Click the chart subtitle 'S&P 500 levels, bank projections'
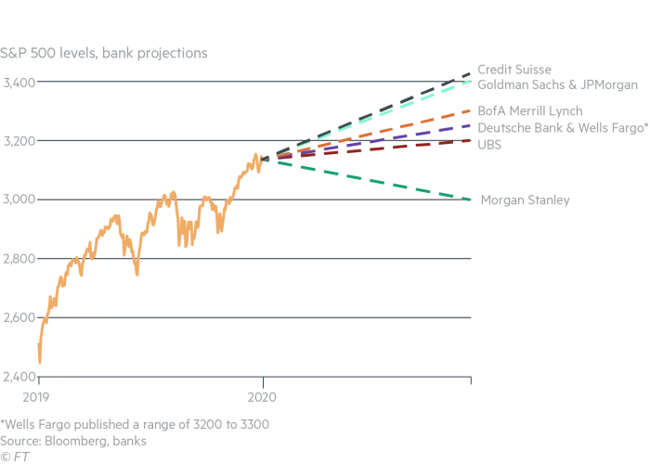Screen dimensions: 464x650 click(103, 53)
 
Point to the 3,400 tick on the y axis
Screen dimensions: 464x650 click(19, 84)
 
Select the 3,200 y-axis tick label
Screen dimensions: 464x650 click(19, 142)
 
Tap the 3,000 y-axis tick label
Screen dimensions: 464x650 click(19, 200)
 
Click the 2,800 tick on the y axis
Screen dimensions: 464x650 click(19, 260)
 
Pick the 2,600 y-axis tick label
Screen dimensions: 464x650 click(19, 318)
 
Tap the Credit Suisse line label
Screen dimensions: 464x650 click(513, 70)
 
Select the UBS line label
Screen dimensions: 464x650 click(489, 144)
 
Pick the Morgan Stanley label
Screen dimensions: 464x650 click(525, 200)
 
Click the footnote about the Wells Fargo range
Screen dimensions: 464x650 click(135, 424)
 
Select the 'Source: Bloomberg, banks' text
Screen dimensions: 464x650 click(73, 441)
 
